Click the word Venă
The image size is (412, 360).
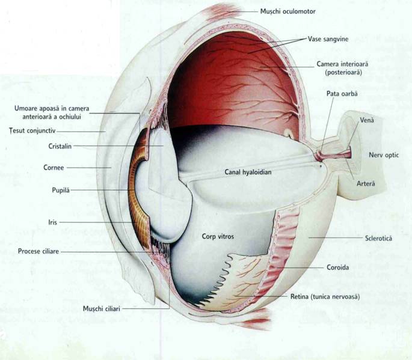click(367, 120)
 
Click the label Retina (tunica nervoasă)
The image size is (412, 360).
click(327, 296)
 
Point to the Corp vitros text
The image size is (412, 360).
click(218, 237)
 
